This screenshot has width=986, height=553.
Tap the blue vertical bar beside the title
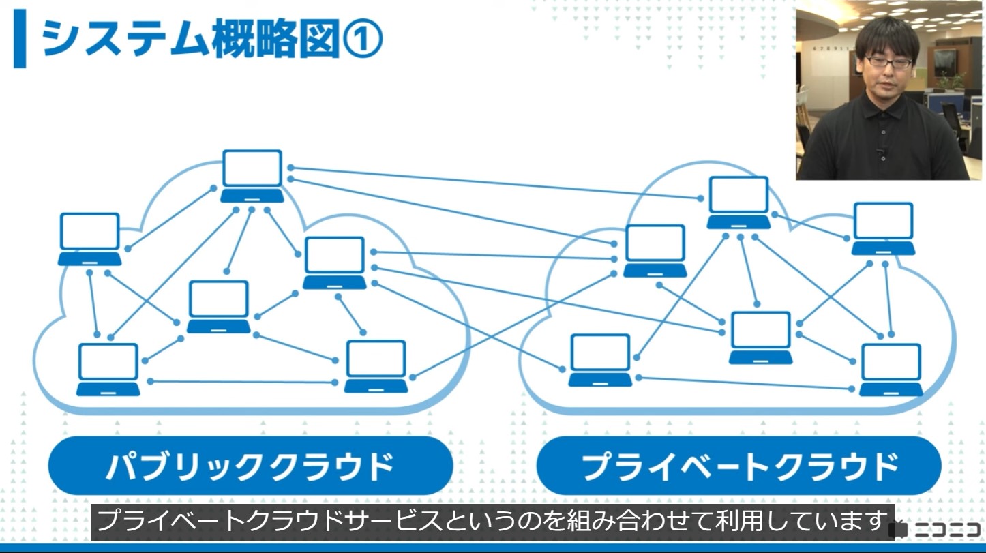coord(20,39)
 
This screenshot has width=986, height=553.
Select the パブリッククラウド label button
coord(250,466)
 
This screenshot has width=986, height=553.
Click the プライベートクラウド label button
coord(739,466)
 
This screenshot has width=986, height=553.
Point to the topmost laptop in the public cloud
coord(252,176)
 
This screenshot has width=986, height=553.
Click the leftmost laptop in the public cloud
coord(90,239)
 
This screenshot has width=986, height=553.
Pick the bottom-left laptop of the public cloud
coord(108,370)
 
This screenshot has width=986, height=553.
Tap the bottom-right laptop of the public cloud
coord(376,366)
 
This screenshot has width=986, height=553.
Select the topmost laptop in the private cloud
coord(738,203)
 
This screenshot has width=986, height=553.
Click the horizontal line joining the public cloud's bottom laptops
coord(243,382)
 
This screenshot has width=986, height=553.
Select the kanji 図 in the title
coord(320,38)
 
